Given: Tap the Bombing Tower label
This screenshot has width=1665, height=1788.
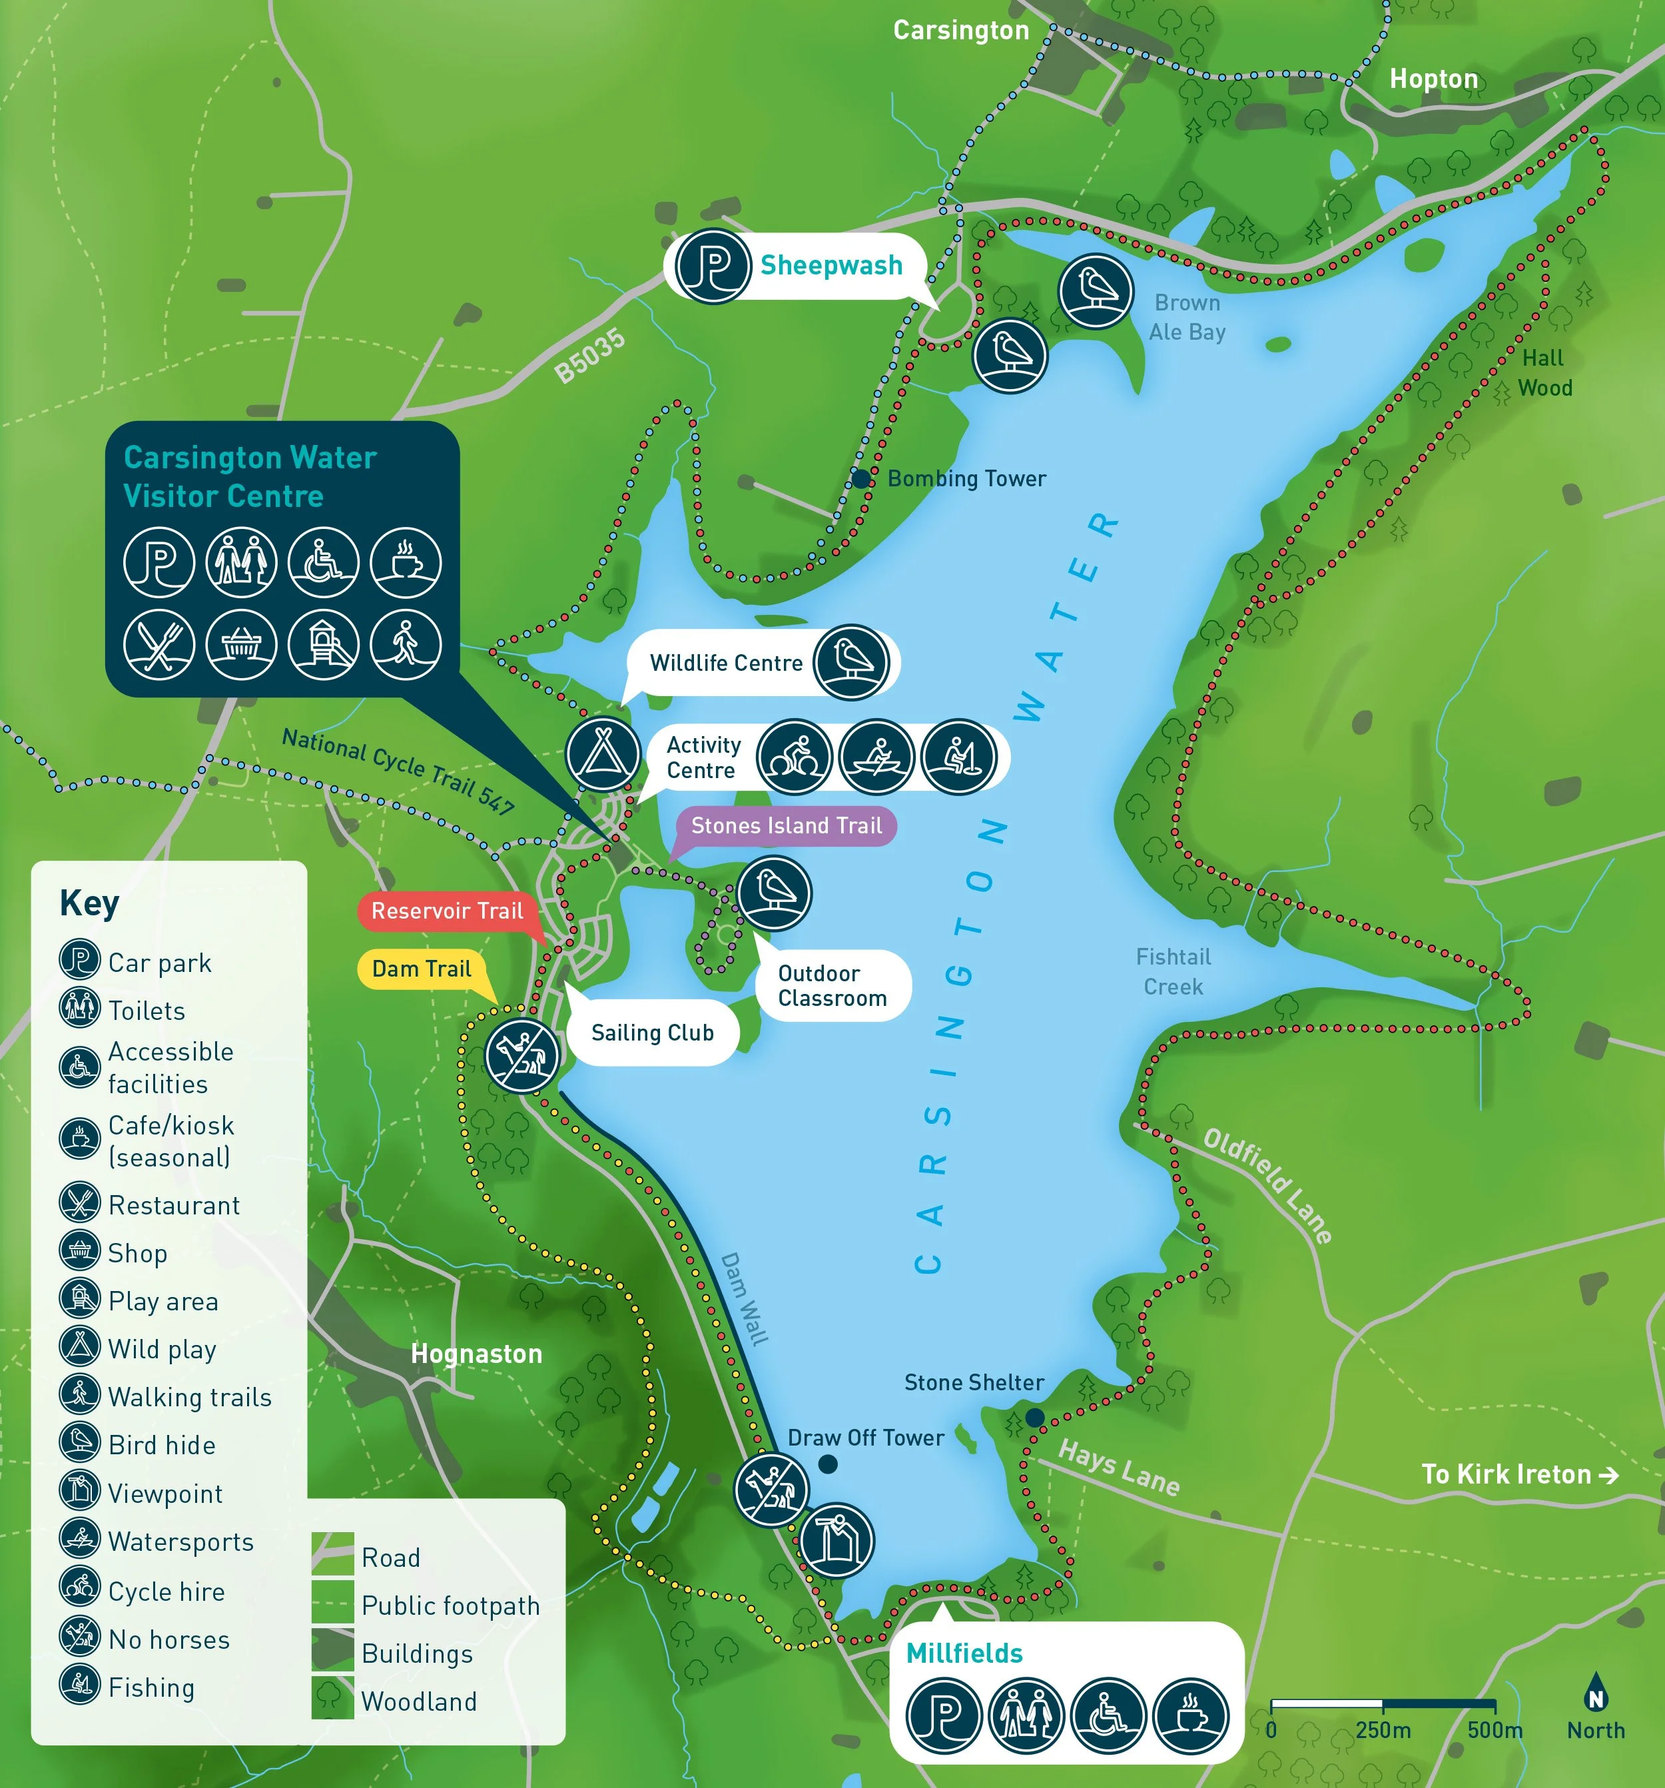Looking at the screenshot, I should [966, 478].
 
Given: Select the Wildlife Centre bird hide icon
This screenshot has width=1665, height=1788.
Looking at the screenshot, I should [850, 662].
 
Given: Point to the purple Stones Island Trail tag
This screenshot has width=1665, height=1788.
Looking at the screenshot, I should [786, 825].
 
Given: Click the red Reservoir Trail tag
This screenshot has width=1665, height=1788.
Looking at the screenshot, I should [447, 911].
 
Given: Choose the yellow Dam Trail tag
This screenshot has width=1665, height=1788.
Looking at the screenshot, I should [422, 969].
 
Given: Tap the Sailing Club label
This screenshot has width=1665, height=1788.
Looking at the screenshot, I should [652, 1033].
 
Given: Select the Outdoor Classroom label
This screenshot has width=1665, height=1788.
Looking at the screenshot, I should [832, 986].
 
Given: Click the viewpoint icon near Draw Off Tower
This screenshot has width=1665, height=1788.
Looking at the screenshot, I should [836, 1541].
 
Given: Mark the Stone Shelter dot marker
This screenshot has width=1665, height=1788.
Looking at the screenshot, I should [1035, 1418].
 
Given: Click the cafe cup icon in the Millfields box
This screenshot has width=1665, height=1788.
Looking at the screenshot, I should [1190, 1715].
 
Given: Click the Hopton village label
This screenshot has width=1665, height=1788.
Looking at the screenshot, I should [1433, 79].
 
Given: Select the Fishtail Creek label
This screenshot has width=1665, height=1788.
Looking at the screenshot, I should [1173, 971].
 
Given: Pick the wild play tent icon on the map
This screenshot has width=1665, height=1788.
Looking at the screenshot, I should [602, 753].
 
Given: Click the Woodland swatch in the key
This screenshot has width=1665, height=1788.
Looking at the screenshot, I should [332, 1697].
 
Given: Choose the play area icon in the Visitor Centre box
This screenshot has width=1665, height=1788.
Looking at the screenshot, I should [324, 644].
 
